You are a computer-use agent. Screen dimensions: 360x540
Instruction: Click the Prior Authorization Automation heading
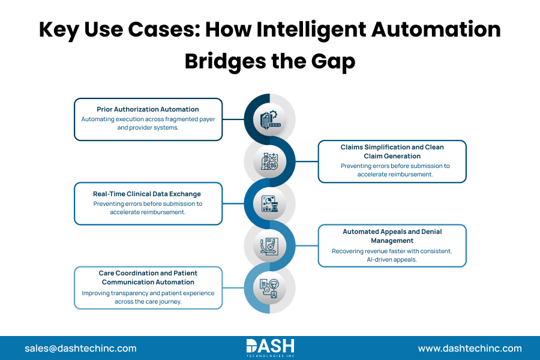coord(148,109)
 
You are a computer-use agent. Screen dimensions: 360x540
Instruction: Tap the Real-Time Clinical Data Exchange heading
coord(148,194)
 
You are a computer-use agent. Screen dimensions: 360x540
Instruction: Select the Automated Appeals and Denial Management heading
coord(392,236)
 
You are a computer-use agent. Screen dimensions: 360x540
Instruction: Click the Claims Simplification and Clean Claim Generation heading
coord(392,151)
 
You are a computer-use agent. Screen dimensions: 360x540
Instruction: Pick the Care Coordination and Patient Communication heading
coord(148,277)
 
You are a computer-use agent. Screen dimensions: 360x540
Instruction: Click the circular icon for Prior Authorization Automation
coord(269,119)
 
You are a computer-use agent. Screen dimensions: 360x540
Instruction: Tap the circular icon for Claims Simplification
coord(269,161)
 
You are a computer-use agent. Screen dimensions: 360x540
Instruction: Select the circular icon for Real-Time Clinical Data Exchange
coord(269,203)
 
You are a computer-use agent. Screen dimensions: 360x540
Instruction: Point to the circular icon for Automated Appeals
coord(269,245)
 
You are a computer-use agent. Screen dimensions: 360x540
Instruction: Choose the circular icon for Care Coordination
coord(269,287)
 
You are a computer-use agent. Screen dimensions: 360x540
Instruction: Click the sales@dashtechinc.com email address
coord(80,348)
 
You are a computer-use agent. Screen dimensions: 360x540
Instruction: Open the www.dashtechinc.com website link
coord(470,348)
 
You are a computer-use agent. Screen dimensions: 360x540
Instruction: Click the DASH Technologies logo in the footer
coord(270,347)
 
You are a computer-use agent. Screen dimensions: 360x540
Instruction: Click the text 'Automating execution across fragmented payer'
coord(148,119)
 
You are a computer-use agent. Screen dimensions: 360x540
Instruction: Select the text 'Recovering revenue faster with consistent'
coord(392,251)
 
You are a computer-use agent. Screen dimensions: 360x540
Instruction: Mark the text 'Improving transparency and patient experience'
coord(148,293)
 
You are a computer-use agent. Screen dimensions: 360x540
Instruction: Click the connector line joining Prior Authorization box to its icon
coord(233,119)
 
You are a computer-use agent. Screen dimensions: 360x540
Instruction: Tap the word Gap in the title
coord(333,61)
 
